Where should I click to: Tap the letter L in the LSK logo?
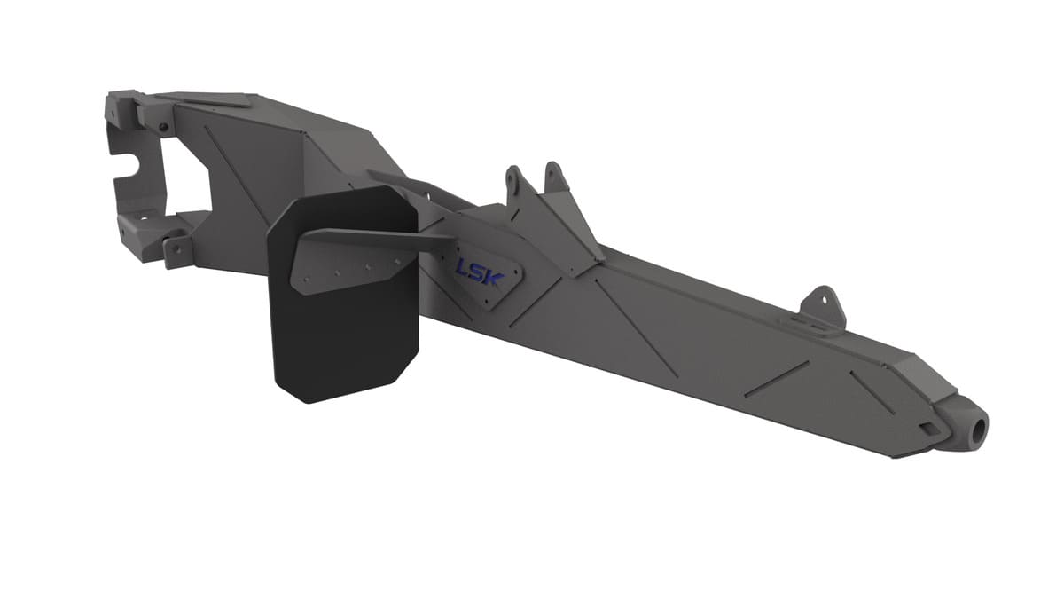point(463,266)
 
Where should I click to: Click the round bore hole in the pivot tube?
point(978,430)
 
